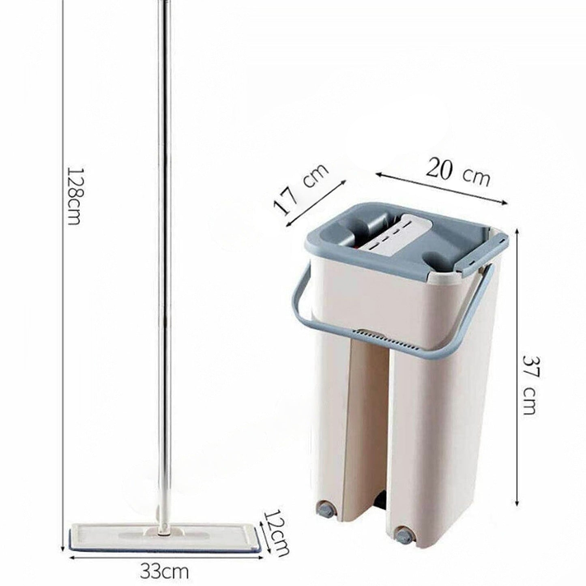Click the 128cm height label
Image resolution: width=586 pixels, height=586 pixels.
click(74, 195)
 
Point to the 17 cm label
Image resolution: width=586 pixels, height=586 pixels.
click(301, 189)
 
